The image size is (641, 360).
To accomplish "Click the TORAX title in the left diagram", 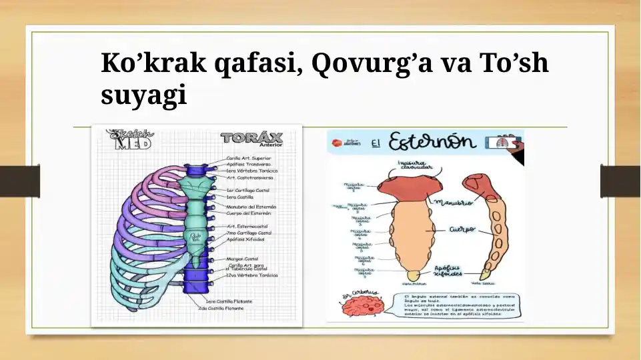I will click(x=251, y=139).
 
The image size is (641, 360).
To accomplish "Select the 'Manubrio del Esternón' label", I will click(x=251, y=207).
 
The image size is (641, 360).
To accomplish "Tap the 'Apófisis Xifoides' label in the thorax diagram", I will click(x=245, y=239).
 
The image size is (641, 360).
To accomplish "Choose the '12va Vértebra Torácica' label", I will click(x=252, y=275).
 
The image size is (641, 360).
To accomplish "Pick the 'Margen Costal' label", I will click(x=243, y=259).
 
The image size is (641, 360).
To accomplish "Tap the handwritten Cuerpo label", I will click(x=462, y=229).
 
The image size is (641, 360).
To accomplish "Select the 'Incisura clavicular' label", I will click(x=416, y=164).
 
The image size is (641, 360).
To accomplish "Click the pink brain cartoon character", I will click(x=361, y=307).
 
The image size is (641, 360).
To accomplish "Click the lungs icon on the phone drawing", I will click(x=504, y=142).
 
